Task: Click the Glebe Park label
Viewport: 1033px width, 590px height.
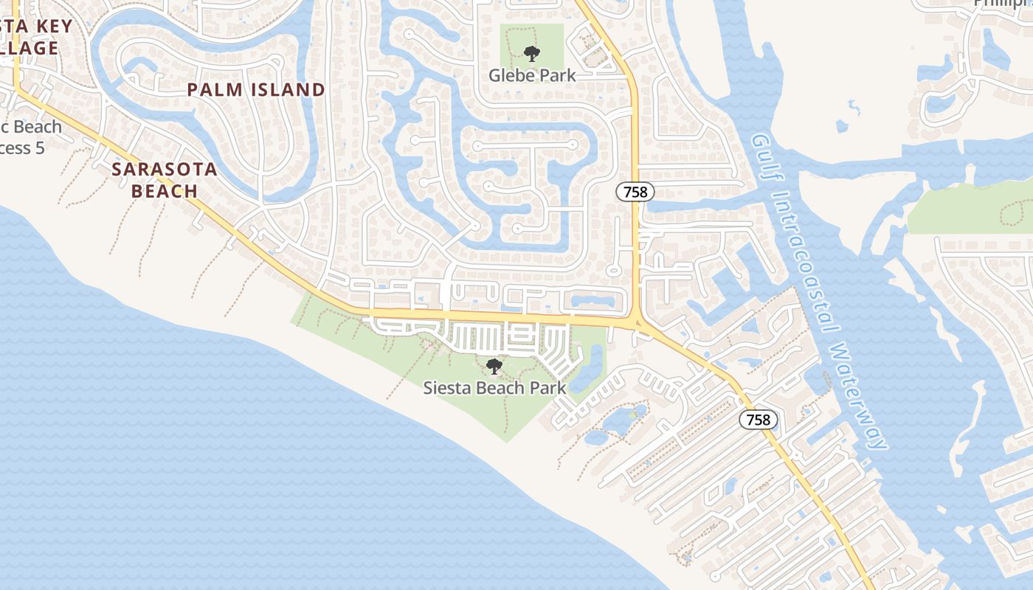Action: tap(532, 75)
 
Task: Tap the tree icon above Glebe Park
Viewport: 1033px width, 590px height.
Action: tap(531, 53)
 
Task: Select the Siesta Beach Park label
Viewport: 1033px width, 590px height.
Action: tap(494, 388)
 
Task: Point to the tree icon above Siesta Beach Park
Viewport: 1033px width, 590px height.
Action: tap(494, 366)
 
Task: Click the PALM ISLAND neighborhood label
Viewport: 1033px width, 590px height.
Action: tap(256, 90)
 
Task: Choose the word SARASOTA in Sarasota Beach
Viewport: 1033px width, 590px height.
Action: tap(165, 169)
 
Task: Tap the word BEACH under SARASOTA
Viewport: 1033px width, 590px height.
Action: tap(165, 191)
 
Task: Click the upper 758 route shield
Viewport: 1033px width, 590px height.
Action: tap(635, 192)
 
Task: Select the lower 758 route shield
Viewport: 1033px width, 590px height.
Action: tap(758, 420)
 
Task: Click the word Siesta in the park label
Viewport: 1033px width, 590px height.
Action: tap(445, 388)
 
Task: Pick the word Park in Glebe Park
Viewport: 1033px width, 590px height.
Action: tap(558, 75)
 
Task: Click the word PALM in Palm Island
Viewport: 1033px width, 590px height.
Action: tap(212, 90)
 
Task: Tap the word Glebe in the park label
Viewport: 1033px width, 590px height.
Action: tap(512, 75)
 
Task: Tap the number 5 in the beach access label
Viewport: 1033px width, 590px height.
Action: tap(40, 148)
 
